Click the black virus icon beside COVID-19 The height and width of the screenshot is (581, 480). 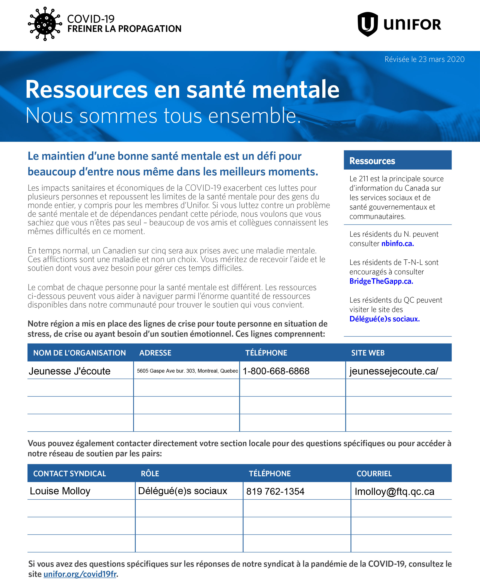45,24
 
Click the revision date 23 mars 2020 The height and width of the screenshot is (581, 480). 424,59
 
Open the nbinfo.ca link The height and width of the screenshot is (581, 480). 397,244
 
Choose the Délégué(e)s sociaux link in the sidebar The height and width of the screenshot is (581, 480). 384,319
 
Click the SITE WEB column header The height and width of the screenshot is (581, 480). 368,353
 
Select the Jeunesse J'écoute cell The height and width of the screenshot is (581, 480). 70,371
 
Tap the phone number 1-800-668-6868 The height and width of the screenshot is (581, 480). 276,371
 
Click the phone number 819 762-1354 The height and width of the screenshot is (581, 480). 275,492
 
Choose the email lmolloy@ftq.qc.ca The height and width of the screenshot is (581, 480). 394,492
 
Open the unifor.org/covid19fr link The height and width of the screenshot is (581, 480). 80,574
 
